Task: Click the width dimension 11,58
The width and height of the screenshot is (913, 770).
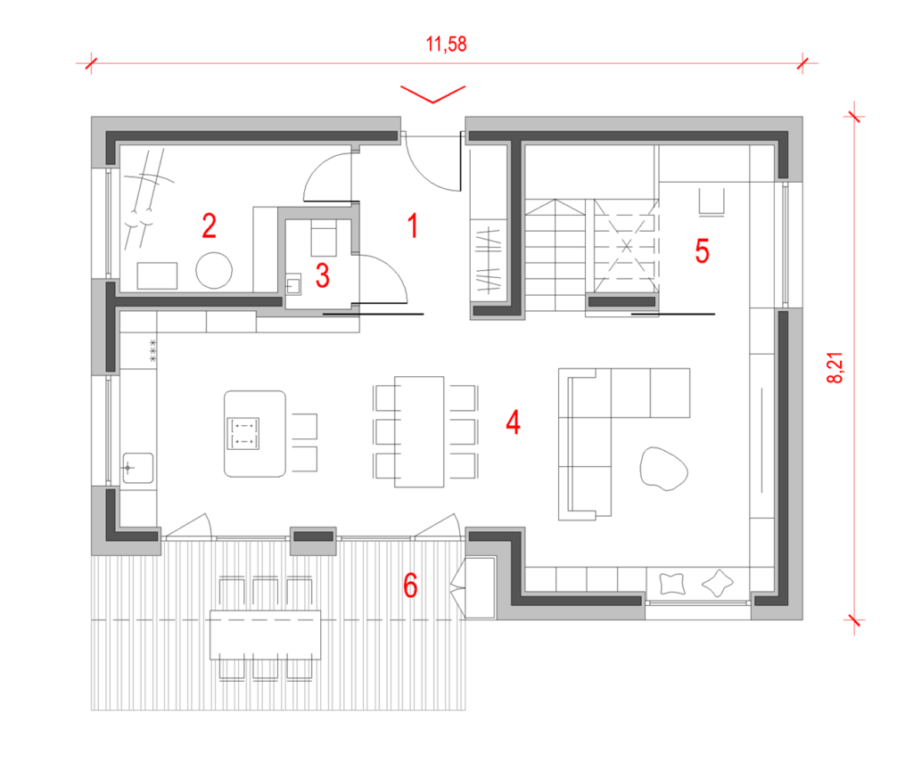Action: tap(448, 43)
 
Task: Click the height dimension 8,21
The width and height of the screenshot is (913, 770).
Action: tap(837, 366)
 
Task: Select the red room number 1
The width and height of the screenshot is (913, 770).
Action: tap(412, 226)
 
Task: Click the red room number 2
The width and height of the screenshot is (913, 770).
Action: tap(209, 226)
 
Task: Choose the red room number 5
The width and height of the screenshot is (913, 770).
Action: tap(702, 252)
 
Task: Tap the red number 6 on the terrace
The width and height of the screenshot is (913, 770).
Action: tap(410, 586)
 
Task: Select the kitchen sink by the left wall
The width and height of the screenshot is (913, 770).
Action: tap(136, 467)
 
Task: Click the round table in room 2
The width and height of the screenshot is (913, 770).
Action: tap(214, 270)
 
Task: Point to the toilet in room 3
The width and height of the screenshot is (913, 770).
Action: tap(322, 239)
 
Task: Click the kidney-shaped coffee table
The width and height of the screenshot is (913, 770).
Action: tap(663, 468)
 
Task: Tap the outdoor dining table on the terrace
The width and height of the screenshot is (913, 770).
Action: tap(265, 633)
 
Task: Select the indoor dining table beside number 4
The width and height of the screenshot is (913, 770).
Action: tap(419, 431)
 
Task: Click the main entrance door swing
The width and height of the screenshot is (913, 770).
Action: tap(430, 160)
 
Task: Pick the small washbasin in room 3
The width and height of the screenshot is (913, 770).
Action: tap(295, 285)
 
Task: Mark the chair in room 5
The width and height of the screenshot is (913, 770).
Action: tap(711, 201)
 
